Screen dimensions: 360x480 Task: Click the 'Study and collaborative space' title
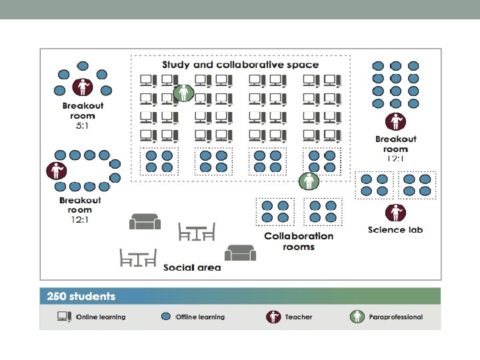(x=241, y=65)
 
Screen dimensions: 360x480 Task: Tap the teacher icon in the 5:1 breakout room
(x=83, y=87)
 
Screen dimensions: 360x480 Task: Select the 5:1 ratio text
(x=83, y=125)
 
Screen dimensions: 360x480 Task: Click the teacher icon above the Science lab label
(x=395, y=213)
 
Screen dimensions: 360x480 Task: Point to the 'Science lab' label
(x=395, y=230)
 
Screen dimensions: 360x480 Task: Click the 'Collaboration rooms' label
(x=299, y=241)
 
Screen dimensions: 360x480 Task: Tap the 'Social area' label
(x=192, y=267)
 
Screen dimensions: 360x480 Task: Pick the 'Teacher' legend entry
(x=298, y=317)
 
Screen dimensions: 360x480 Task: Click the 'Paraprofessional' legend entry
(x=395, y=317)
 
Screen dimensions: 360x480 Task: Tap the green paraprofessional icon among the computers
(x=183, y=93)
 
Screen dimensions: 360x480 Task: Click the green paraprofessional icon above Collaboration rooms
(x=308, y=181)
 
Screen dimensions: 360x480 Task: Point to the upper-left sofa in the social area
(x=145, y=221)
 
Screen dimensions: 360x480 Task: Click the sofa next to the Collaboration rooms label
(x=240, y=253)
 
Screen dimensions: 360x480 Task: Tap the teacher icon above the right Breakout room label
(x=395, y=122)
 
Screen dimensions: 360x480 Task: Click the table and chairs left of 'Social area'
(x=138, y=257)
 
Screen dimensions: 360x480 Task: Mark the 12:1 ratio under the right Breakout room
(x=395, y=159)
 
